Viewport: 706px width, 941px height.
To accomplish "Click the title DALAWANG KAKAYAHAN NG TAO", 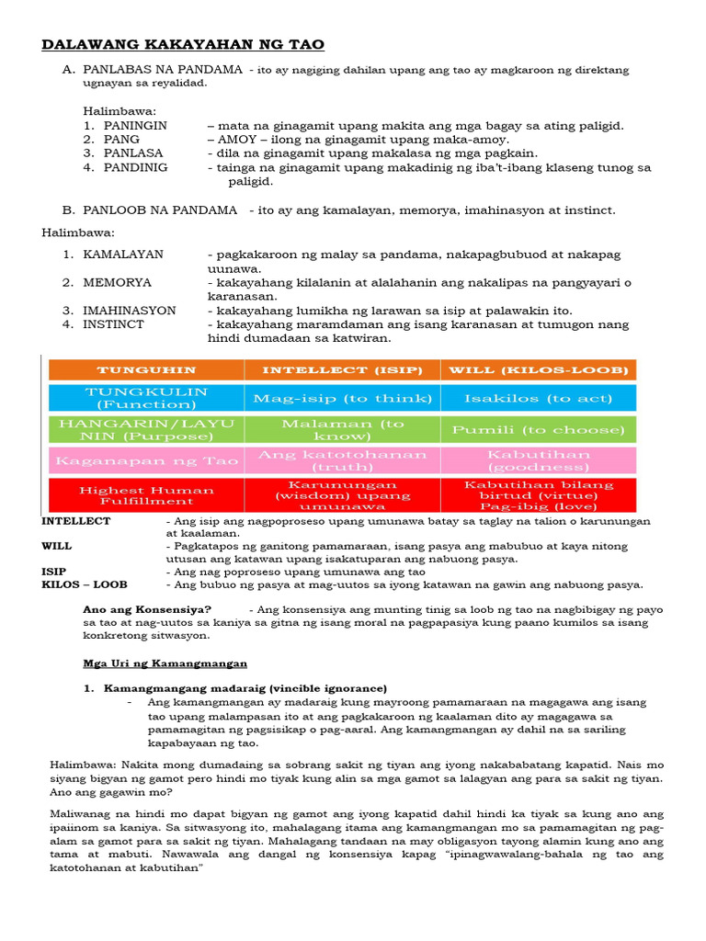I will point(183,45).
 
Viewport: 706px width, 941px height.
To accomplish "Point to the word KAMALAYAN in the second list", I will point(123,254).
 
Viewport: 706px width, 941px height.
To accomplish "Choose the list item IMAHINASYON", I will point(129,311).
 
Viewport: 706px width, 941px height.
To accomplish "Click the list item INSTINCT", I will point(113,324).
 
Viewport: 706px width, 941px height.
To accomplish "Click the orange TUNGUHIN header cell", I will point(146,369).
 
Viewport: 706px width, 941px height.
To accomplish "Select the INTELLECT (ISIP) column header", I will point(342,369).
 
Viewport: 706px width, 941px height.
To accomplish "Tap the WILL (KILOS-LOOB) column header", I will point(538,369).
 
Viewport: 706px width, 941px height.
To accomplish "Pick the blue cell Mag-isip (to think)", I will point(342,398).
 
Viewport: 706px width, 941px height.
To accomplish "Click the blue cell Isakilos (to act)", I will point(538,398).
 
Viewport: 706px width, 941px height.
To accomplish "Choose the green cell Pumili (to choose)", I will point(538,429).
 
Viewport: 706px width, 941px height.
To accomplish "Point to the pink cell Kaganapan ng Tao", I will point(146,459).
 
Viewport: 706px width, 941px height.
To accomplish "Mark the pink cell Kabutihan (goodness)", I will point(538,460).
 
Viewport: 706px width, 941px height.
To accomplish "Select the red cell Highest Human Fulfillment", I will point(146,495).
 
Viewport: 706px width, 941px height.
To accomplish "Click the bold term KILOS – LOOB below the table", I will point(85,584).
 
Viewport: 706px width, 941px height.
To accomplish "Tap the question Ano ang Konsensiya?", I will point(147,609).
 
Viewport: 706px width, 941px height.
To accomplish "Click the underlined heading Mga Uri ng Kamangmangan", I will point(165,663).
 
